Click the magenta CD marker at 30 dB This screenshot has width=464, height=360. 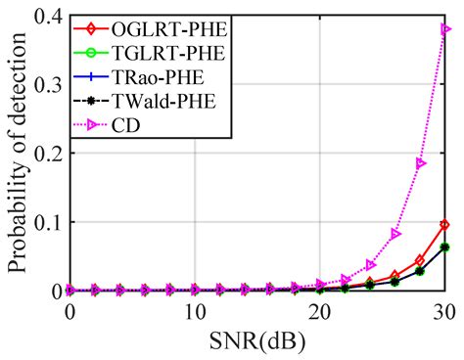click(x=446, y=29)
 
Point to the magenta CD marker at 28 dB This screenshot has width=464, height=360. click(x=421, y=163)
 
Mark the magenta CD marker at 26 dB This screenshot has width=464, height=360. click(x=395, y=233)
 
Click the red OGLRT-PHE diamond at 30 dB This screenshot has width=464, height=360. click(x=446, y=225)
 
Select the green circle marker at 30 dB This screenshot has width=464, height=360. click(x=446, y=247)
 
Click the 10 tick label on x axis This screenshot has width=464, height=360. click(x=195, y=310)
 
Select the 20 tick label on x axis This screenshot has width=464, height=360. click(x=320, y=310)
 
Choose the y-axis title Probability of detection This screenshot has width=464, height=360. click(x=17, y=152)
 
